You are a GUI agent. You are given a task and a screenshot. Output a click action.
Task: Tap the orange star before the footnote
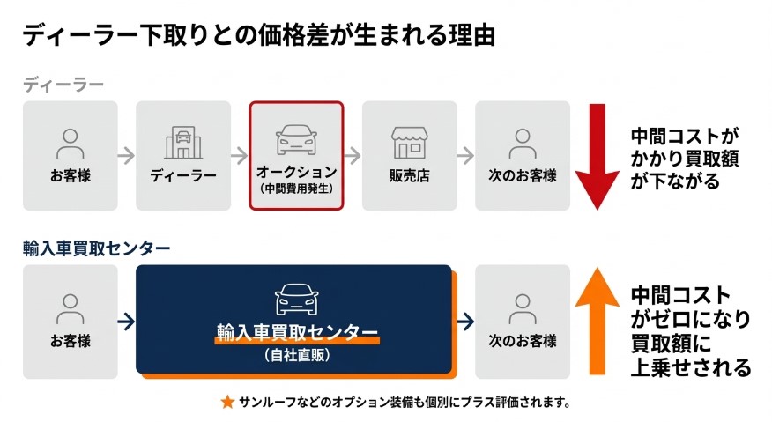[x=227, y=403]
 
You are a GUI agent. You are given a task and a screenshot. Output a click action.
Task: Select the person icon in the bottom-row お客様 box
[x=71, y=307]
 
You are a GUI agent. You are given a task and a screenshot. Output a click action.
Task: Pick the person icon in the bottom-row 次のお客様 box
[x=523, y=307]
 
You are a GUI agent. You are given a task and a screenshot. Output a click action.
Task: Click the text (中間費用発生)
[x=296, y=189]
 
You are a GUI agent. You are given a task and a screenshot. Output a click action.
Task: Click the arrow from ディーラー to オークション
[x=239, y=155]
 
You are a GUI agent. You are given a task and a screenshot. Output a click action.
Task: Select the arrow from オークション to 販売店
[x=353, y=155]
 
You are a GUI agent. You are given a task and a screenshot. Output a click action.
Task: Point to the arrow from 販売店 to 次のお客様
[x=465, y=155]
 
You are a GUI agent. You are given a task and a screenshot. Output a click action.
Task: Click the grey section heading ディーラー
[x=63, y=85]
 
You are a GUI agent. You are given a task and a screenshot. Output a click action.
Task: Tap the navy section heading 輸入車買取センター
[x=97, y=248]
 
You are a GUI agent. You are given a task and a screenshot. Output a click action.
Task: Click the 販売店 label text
[x=409, y=174]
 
